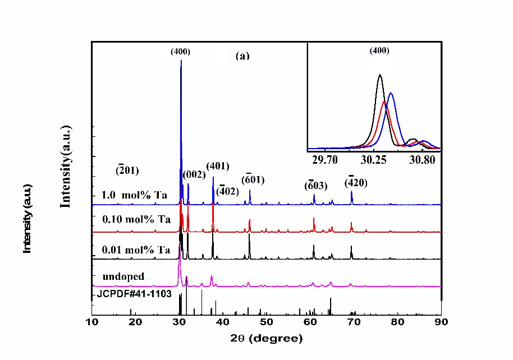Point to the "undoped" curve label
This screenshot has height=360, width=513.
123,276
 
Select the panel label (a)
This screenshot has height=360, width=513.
242,56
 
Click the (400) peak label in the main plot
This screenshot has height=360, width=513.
181,52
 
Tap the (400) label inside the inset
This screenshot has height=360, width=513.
379,50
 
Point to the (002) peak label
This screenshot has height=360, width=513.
194,175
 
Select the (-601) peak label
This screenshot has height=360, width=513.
253,179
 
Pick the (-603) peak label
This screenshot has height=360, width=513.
316,185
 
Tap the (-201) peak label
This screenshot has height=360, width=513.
127,170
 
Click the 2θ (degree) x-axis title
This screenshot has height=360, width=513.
267,339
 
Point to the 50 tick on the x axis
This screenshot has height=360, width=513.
267,322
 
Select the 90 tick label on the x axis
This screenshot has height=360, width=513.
441,322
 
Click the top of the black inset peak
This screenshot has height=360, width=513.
380,75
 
